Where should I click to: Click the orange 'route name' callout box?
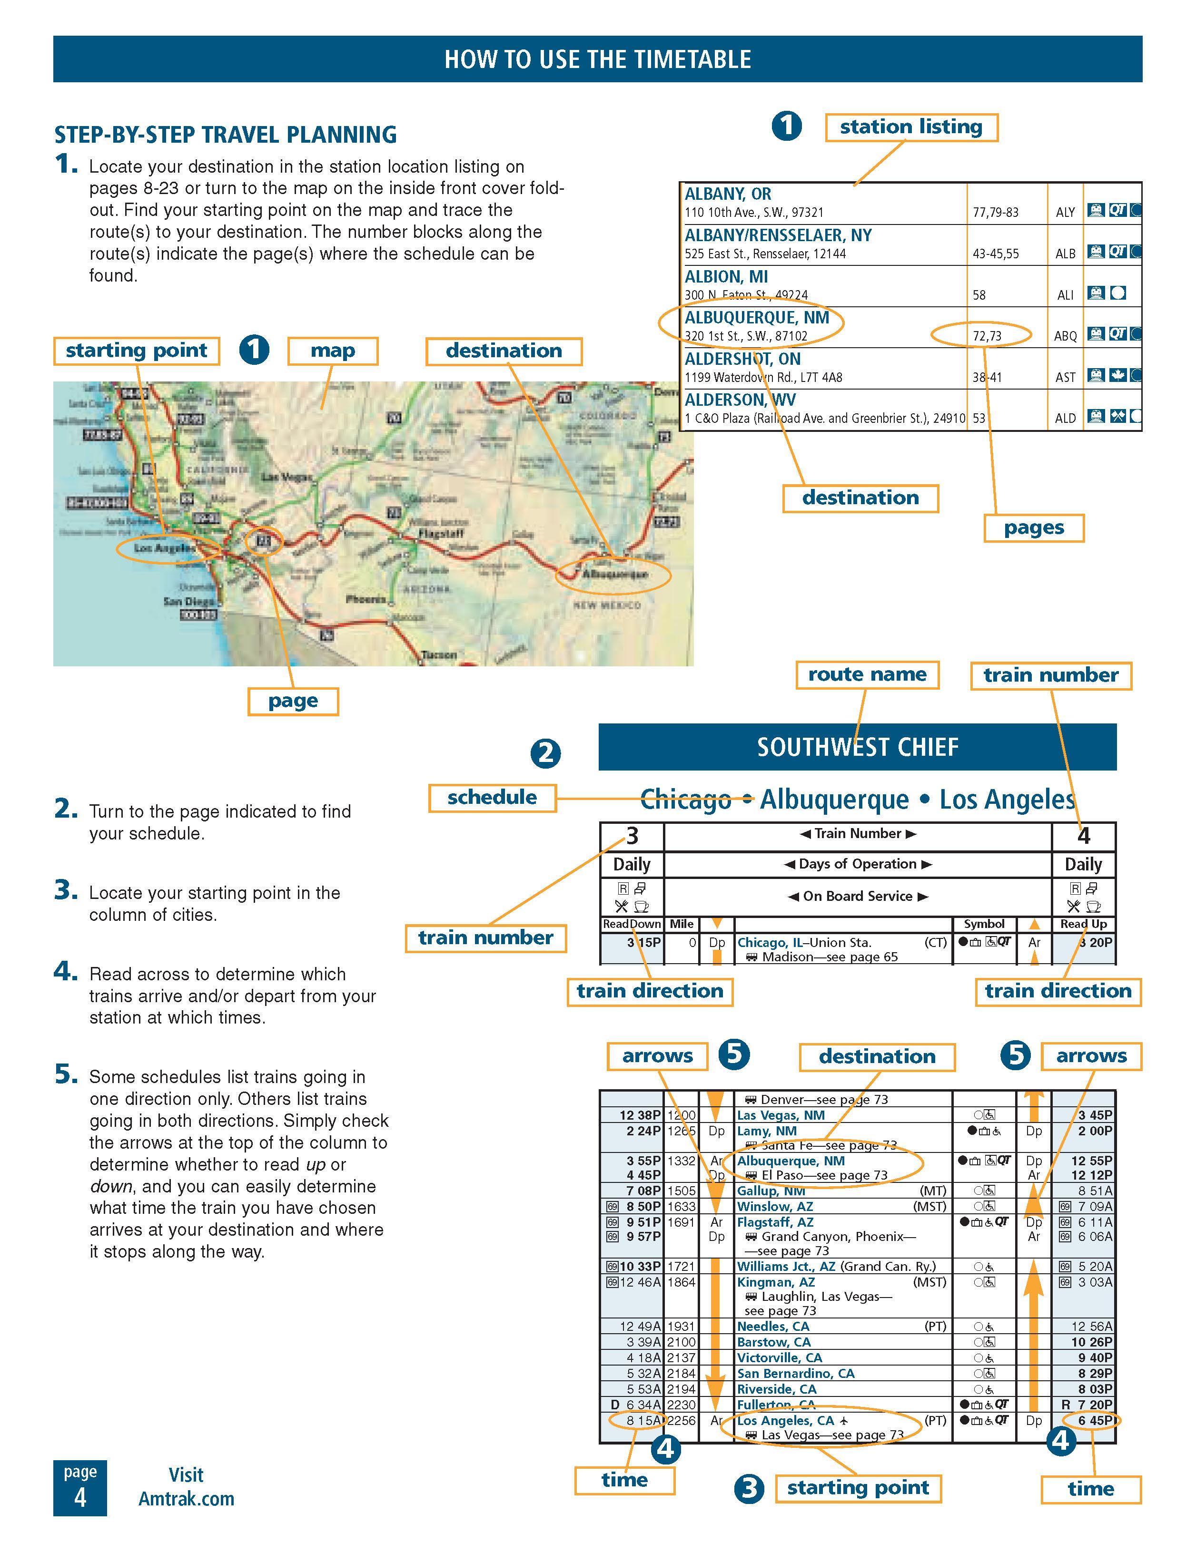pyautogui.click(x=867, y=674)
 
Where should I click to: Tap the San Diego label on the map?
pyautogui.click(x=188, y=601)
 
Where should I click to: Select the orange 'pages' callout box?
pyautogui.click(x=1033, y=528)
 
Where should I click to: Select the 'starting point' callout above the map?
pyautogui.click(x=136, y=351)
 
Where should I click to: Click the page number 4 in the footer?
pyautogui.click(x=79, y=1498)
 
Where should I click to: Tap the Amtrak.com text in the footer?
pyautogui.click(x=186, y=1499)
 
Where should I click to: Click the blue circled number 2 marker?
pyautogui.click(x=545, y=753)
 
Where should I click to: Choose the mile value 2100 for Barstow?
pyautogui.click(x=681, y=1342)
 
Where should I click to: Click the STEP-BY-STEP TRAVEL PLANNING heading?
pyautogui.click(x=226, y=134)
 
